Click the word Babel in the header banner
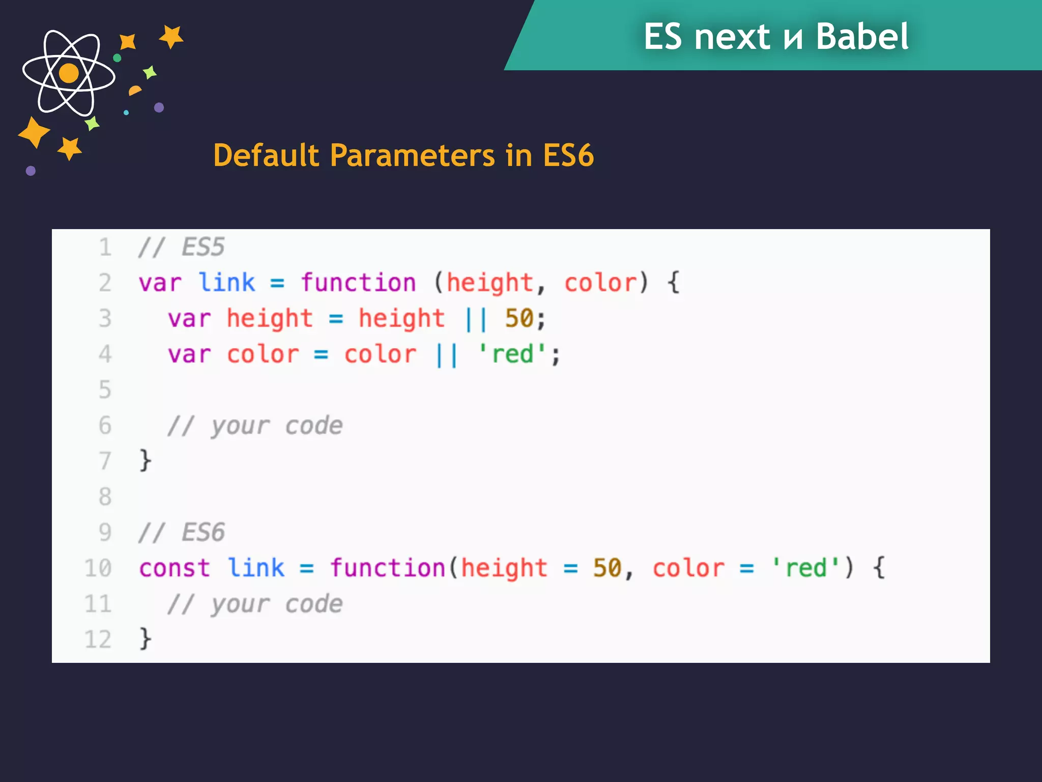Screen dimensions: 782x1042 pos(862,37)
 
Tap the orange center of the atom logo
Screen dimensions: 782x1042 pos(69,73)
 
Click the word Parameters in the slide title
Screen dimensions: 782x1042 pos(412,155)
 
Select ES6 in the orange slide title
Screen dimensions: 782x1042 pos(568,155)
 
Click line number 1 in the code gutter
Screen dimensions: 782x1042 pos(105,247)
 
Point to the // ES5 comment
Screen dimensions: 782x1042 pos(181,247)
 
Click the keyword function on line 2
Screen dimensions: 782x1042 pos(358,283)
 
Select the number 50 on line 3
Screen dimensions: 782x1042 pos(519,319)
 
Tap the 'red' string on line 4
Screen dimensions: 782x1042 pos(512,354)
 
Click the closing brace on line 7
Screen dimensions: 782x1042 pos(146,461)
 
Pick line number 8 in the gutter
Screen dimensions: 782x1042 pos(105,496)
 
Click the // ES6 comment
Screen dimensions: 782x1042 pos(181,533)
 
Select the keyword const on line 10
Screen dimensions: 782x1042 pos(175,568)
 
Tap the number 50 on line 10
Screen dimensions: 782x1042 pos(607,568)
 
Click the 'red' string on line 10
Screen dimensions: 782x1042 pos(806,568)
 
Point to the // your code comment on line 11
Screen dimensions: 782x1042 pos(255,604)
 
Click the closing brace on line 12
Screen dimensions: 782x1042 pos(146,639)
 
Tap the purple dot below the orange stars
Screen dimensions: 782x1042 pos(31,171)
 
